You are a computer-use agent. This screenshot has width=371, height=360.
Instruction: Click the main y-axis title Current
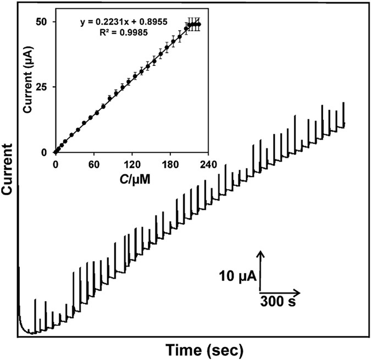coord(8,169)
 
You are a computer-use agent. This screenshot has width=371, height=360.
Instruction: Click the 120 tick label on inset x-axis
coord(132,164)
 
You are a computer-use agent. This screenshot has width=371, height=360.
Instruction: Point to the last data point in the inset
coord(199,24)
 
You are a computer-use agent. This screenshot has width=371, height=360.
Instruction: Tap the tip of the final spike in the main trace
coord(344,103)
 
